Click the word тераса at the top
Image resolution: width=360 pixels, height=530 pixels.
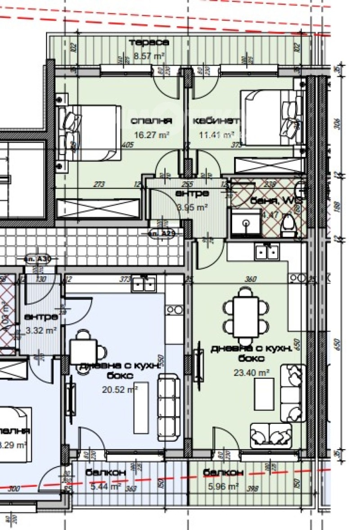[x=149, y=43]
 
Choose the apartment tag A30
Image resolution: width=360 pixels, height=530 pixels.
[x=39, y=260]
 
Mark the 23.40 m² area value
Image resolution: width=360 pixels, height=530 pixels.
[x=245, y=372]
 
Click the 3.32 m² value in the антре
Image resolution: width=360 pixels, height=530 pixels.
[x=41, y=330]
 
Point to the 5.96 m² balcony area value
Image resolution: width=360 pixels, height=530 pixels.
[x=223, y=486]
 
